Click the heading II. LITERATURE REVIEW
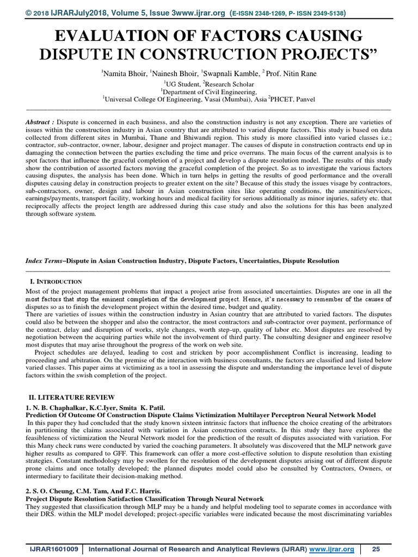pos(71,398)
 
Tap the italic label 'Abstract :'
pos(40,123)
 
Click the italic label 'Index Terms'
pos(44,261)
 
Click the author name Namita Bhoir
pos(123,72)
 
